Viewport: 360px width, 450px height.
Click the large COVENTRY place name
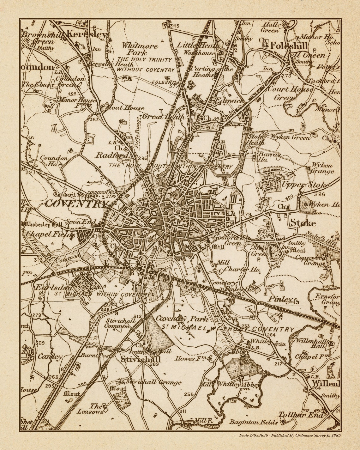[x=75, y=204]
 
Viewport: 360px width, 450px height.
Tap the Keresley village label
[x=87, y=35]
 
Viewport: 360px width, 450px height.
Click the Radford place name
[x=112, y=155]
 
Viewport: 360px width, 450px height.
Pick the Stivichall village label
[x=141, y=359]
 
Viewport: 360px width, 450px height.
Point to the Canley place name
[x=50, y=356]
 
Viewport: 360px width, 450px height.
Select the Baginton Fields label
[x=254, y=422]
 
